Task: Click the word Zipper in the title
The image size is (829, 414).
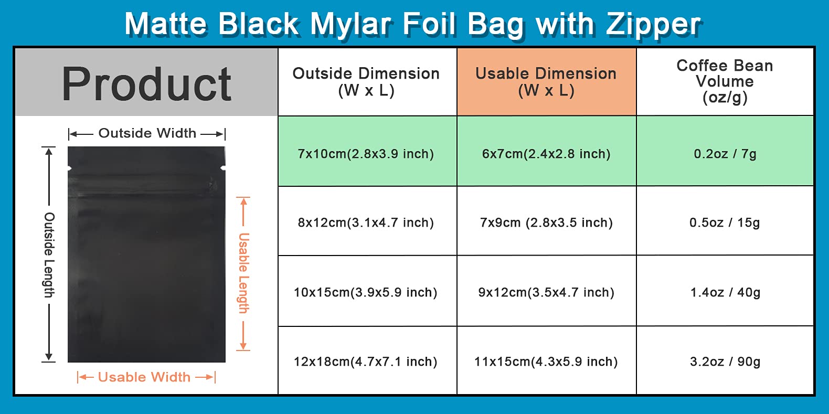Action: tap(653, 25)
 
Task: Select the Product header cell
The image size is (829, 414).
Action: tap(146, 82)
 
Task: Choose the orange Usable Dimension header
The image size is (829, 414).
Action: tap(546, 82)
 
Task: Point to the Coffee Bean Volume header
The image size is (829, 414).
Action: tap(725, 82)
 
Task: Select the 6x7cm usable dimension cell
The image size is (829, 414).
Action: tap(546, 151)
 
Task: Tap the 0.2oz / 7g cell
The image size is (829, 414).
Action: tap(725, 151)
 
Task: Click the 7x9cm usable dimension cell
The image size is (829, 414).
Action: tap(546, 221)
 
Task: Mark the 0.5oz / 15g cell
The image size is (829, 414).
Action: tap(725, 221)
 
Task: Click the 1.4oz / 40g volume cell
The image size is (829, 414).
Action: tap(725, 291)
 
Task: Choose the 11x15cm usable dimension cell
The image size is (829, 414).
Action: tap(546, 360)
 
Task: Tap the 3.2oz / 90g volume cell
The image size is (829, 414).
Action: tap(725, 360)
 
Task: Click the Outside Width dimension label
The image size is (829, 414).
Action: tap(147, 133)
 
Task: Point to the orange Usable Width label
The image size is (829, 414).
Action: tap(144, 377)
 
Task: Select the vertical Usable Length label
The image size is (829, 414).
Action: tap(243, 273)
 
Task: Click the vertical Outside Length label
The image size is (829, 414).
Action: tap(49, 255)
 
